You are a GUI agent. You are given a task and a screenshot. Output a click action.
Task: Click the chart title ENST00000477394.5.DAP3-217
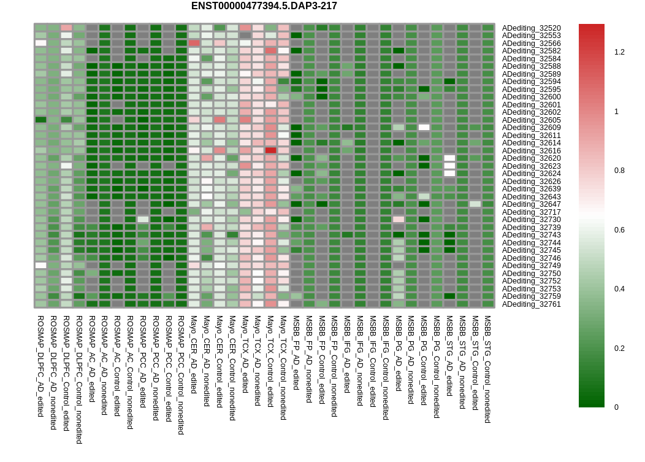click(x=264, y=6)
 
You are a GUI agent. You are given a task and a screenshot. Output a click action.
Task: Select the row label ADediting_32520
click(x=531, y=28)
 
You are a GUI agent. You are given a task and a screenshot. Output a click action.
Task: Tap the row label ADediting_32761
click(x=531, y=304)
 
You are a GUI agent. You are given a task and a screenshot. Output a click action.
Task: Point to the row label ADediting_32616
click(x=531, y=151)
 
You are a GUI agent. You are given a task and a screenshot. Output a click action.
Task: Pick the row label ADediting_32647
click(x=531, y=204)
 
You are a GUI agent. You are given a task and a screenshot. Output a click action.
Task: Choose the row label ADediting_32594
click(x=531, y=82)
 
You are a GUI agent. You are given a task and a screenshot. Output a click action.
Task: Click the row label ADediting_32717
click(x=531, y=212)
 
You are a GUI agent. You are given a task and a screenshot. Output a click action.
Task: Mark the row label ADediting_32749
click(x=531, y=266)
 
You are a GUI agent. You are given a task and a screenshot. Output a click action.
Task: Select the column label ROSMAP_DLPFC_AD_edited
click(x=40, y=366)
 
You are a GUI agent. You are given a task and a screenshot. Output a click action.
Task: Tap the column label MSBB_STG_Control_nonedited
click(x=487, y=369)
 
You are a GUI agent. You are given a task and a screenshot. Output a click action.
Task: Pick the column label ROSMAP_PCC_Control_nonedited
click(x=181, y=375)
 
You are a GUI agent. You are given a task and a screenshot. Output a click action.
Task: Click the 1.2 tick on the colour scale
click(x=619, y=52)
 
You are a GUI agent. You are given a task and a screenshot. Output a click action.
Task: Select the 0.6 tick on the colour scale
click(x=619, y=230)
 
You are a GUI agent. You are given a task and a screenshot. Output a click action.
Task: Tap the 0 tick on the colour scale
click(x=617, y=407)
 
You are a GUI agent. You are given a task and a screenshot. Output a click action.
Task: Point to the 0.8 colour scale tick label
click(x=619, y=171)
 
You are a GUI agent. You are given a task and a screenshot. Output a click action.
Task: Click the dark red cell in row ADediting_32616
click(x=270, y=150)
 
